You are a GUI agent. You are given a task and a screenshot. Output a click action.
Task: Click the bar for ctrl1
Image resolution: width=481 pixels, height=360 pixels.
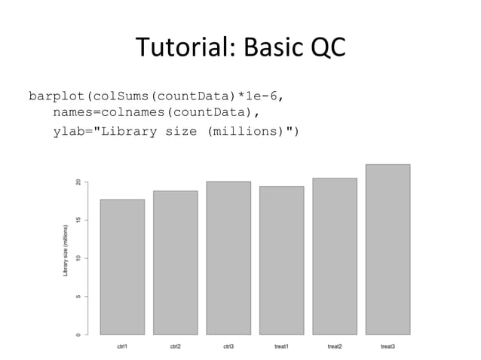pos(122,267)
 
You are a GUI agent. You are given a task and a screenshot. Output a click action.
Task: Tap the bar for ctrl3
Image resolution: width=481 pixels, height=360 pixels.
pos(228,258)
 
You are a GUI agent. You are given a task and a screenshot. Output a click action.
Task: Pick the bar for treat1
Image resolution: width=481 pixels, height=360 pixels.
pos(281,260)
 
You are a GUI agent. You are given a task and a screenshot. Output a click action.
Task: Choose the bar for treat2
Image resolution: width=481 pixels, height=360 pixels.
pos(335,256)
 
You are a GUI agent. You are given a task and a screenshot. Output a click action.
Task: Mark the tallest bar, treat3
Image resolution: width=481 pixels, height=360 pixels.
pos(388,249)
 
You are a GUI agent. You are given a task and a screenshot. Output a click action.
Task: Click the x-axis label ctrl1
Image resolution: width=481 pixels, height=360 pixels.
pos(122,346)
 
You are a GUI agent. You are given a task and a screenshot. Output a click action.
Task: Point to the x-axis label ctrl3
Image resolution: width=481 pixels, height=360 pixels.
pos(228,346)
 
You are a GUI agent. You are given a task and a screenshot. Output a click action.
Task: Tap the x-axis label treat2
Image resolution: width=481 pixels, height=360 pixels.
pos(335,346)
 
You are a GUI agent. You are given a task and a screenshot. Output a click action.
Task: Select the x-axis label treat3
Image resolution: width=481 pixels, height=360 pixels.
pos(388,346)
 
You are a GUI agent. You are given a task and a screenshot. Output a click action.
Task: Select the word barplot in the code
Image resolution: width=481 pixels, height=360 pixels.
pos(57,97)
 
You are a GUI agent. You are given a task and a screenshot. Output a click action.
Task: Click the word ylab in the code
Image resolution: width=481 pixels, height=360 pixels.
pos(69,132)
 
